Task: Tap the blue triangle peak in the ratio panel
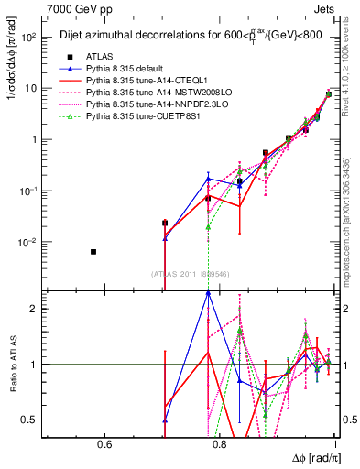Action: coord(209,293)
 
